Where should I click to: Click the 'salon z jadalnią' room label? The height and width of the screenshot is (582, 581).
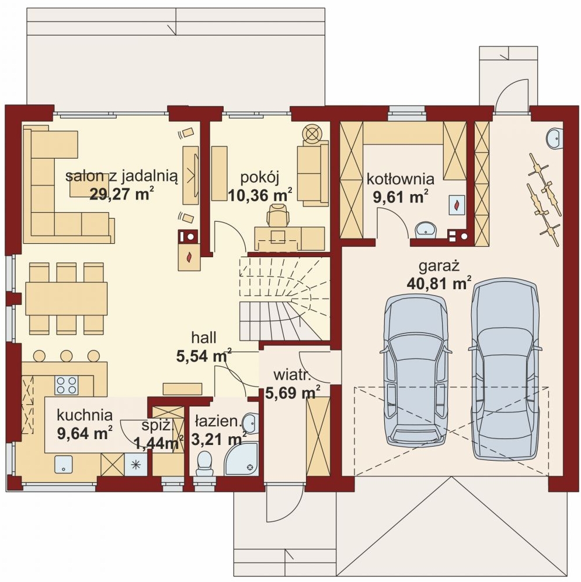121,176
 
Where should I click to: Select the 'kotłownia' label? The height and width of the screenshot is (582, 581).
401,179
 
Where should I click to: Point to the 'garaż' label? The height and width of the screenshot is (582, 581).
439,266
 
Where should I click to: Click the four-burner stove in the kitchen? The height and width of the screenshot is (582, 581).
66,385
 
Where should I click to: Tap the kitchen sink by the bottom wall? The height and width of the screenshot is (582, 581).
64,464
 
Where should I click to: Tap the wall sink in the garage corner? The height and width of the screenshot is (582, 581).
555,139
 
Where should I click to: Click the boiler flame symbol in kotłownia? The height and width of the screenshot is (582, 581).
457,204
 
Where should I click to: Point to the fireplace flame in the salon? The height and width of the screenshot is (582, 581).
189,257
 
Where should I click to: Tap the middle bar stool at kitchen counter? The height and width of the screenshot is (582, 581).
66,356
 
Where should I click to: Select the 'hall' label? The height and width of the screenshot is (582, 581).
204,338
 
